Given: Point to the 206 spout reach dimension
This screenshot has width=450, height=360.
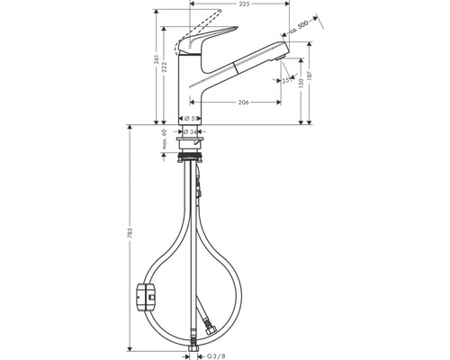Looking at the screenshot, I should tap(243, 103).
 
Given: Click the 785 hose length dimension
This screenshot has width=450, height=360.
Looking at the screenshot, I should tap(130, 240).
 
